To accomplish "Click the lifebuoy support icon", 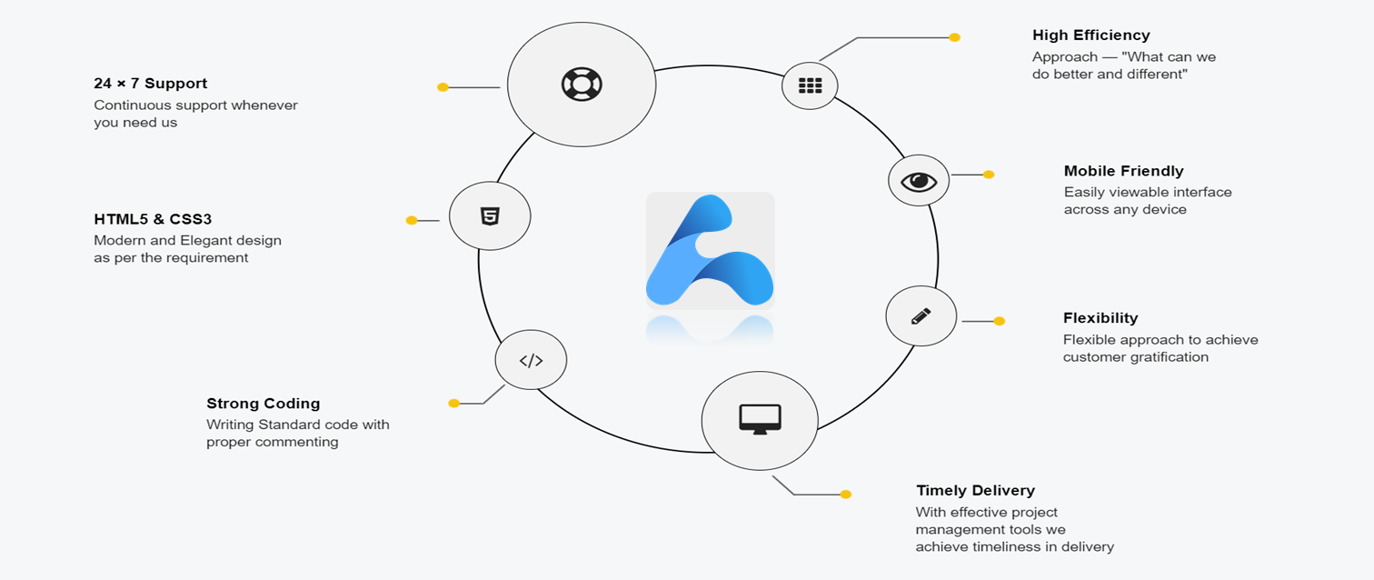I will (581, 85).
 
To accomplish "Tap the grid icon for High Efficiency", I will (810, 85).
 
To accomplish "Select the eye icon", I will (919, 181).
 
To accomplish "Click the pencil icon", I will (921, 316).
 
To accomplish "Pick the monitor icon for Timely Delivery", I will (760, 419).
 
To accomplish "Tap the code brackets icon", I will (531, 360).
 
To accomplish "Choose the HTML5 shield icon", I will (490, 216).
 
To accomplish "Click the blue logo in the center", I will (710, 251).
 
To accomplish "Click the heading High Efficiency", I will (1090, 35).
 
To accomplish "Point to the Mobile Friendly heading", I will (1123, 171).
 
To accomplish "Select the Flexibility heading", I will (1100, 318).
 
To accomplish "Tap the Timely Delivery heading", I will (975, 491).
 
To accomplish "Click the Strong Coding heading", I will (263, 404).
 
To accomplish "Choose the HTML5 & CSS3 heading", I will (153, 219).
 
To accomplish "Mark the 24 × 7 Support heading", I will (150, 84).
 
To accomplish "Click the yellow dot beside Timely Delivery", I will (845, 495).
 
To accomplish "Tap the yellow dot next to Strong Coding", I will (453, 404).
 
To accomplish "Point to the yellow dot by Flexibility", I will (999, 321).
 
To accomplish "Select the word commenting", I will (296, 443).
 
